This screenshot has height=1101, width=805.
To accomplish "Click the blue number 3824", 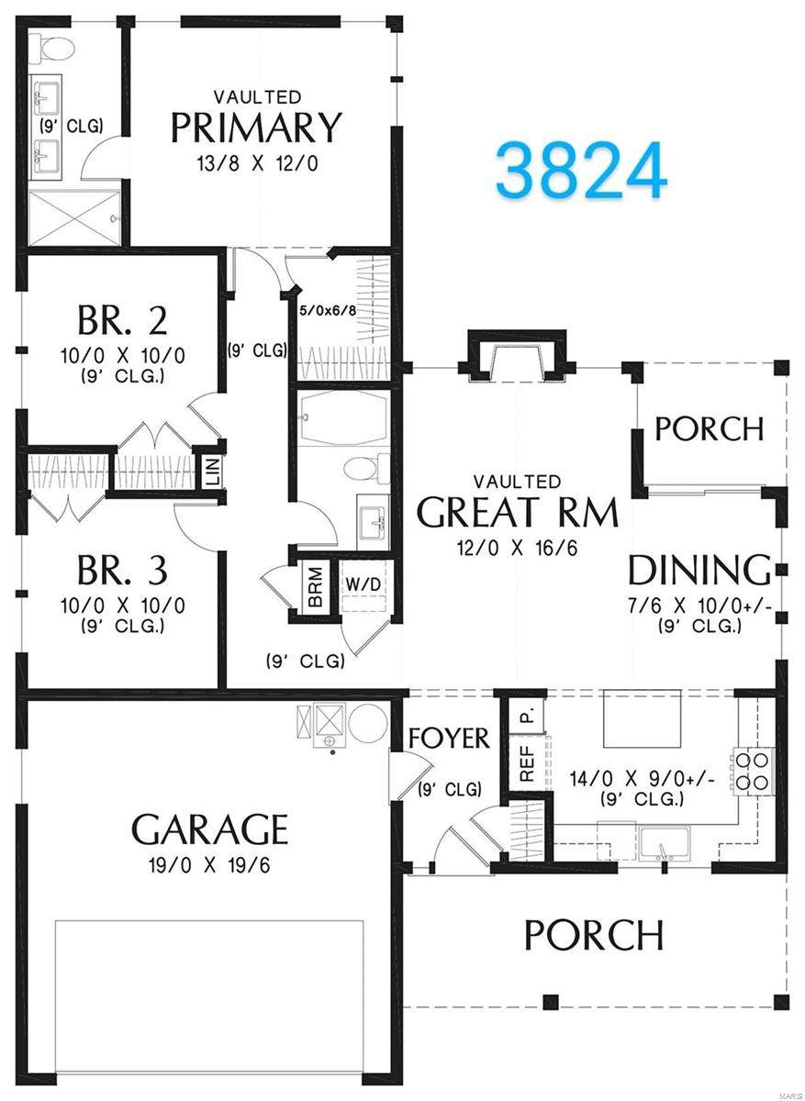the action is [x=582, y=170].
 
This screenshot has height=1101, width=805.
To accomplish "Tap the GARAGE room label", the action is [x=210, y=829].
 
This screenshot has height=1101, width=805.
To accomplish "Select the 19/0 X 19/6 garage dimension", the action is [x=210, y=865].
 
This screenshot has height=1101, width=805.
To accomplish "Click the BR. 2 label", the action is [x=122, y=320].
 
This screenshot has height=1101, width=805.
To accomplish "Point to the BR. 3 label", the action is [x=122, y=570].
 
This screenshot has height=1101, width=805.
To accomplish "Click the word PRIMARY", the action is [x=256, y=128].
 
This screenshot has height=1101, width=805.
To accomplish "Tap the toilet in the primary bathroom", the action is [x=51, y=50].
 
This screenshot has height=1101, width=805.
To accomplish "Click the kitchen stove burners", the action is [x=753, y=772].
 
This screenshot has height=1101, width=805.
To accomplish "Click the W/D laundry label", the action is [x=363, y=584].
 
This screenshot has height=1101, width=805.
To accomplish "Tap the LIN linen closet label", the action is [x=215, y=472].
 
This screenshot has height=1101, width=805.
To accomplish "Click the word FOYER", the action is [x=449, y=739].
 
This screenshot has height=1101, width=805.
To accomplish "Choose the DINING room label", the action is [x=700, y=570].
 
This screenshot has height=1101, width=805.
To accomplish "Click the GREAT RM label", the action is [x=517, y=512].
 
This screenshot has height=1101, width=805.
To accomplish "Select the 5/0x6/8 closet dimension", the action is [x=328, y=311].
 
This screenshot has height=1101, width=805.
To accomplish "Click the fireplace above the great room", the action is [x=517, y=355].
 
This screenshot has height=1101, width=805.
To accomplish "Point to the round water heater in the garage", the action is [x=368, y=720].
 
